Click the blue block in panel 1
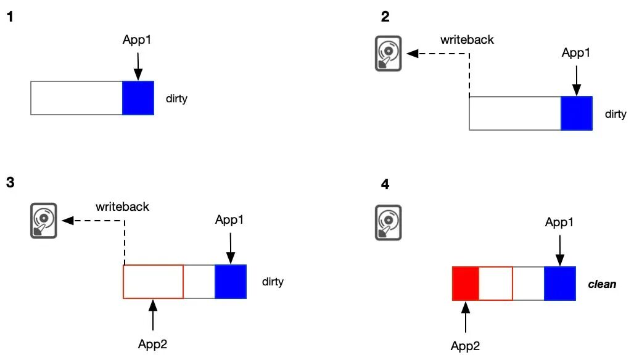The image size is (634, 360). pos(138,98)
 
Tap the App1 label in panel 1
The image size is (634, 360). pos(137,39)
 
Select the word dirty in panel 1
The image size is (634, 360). pos(177,99)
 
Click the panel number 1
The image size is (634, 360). pos(10,17)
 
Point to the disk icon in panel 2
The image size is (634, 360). pos(388,54)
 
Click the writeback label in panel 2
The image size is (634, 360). pos(467,39)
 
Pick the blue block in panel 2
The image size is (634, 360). pos(577,113)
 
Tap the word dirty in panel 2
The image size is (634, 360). pos(615,114)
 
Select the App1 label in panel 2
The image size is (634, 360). pos(576,52)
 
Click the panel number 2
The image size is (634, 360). pos(385,17)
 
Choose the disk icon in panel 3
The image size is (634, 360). pos(44,221)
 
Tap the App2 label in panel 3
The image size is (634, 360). pos(152,344)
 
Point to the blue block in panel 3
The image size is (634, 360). pos(231,282)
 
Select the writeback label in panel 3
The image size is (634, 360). pos(123,207)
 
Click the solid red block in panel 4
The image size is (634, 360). pos(466,284)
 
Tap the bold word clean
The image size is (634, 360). pos(602,284)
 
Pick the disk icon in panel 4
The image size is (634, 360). pos(388,223)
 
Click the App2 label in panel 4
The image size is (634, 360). pos(466,346)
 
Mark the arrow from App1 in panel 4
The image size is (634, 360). pos(560,250)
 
